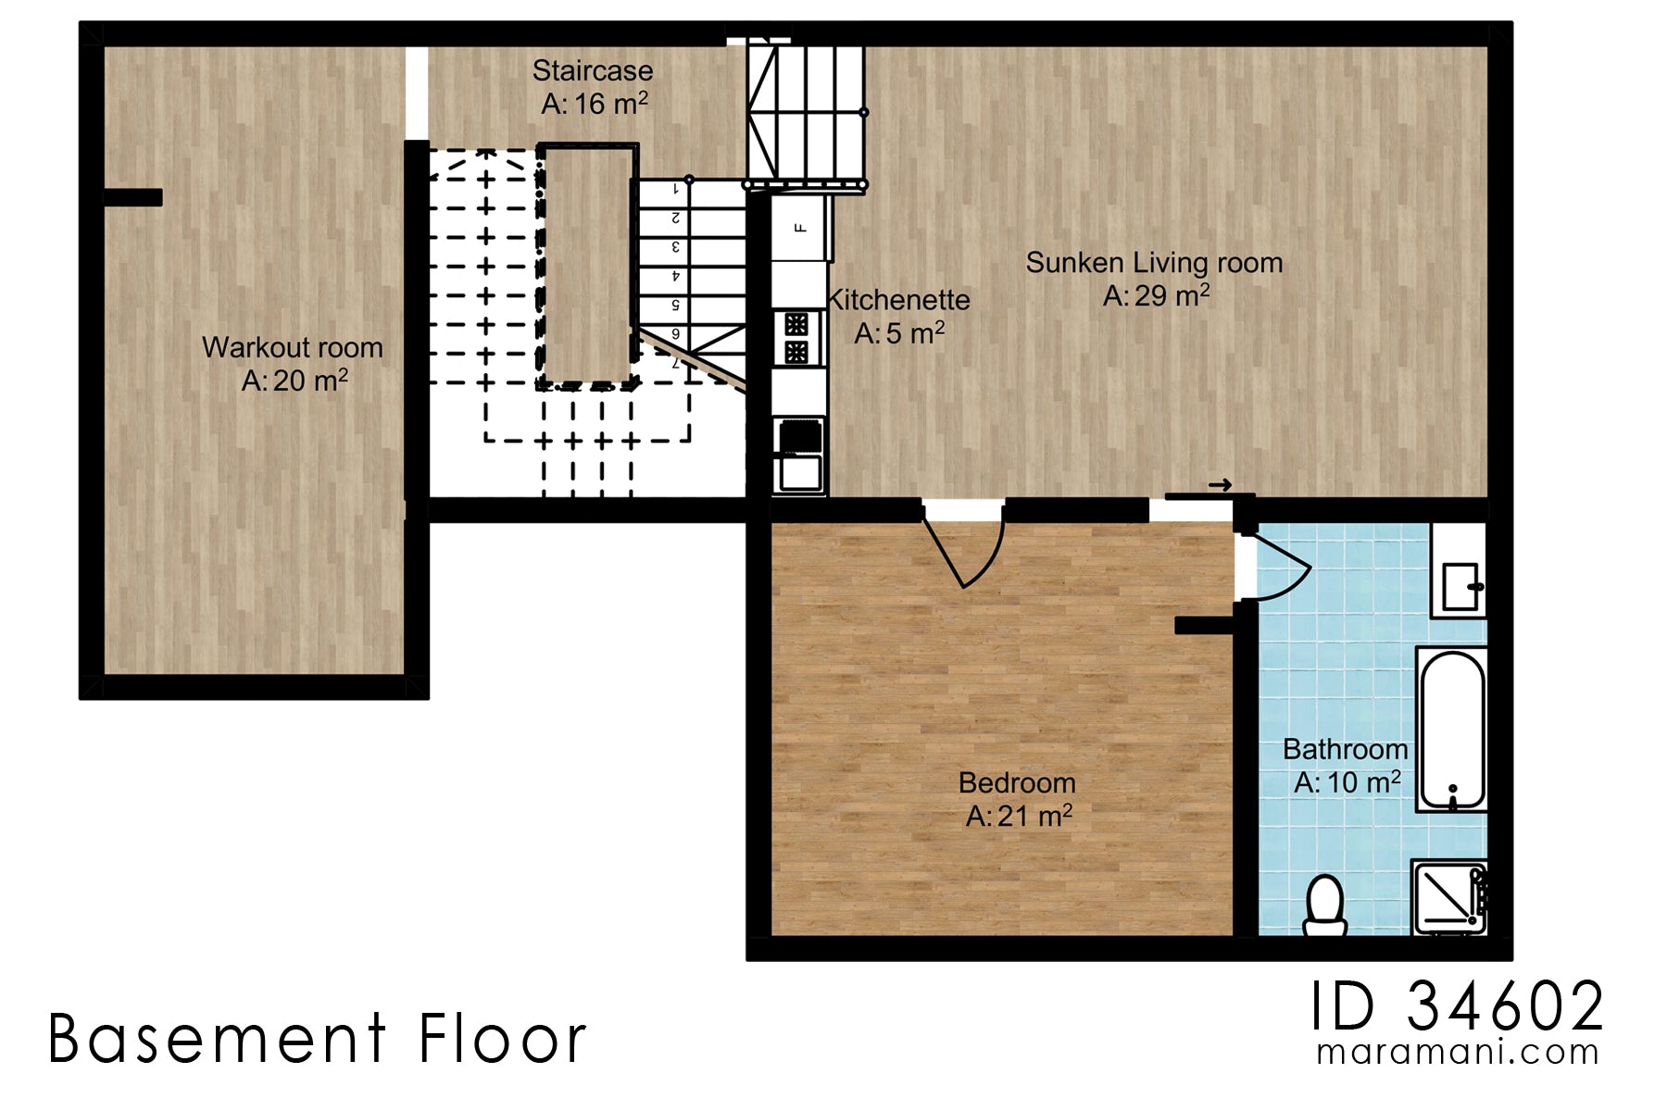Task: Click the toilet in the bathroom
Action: click(x=1324, y=905)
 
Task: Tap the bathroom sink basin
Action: click(x=1460, y=585)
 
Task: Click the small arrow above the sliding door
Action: click(x=1220, y=484)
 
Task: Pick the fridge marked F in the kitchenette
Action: click(x=801, y=227)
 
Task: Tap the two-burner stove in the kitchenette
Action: click(x=796, y=338)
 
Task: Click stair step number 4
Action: click(x=677, y=276)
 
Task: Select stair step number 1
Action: click(x=677, y=189)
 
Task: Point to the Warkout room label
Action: click(x=293, y=347)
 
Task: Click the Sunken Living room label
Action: click(x=1154, y=263)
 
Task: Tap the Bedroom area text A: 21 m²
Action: click(x=1019, y=817)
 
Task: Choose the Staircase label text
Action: click(x=593, y=71)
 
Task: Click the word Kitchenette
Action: click(x=899, y=300)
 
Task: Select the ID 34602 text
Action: click(x=1457, y=1006)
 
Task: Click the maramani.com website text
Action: click(x=1457, y=1053)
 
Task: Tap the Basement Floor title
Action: click(x=318, y=1039)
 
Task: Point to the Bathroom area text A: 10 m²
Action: click(x=1347, y=783)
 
